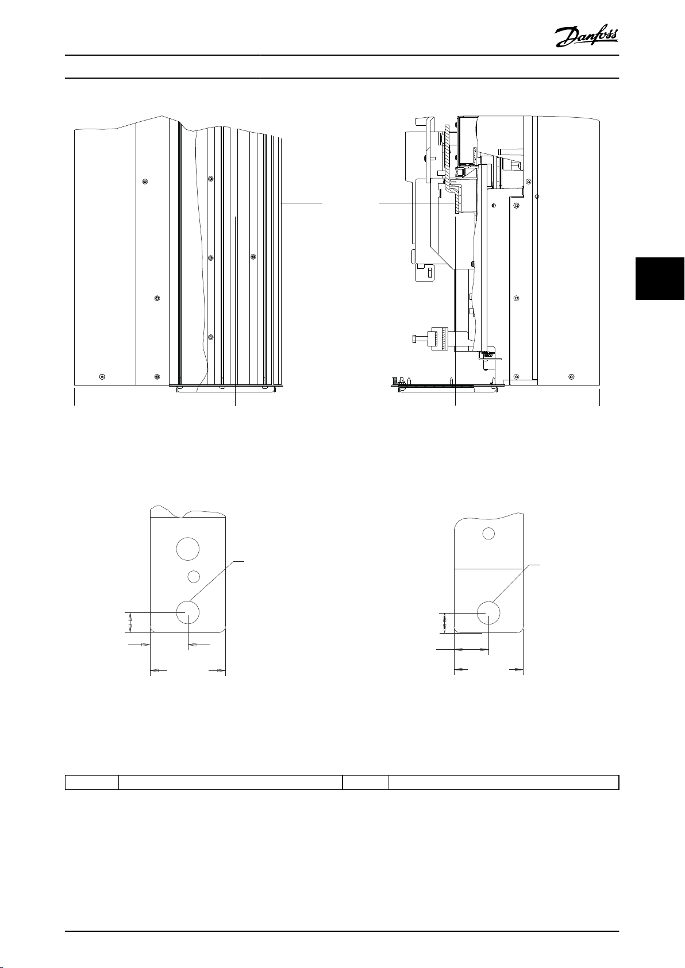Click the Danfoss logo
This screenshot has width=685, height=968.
587,37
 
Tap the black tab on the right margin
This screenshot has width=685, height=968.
660,279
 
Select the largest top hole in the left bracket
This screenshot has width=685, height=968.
188,549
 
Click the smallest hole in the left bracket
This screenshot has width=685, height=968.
194,576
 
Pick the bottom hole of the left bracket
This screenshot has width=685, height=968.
188,612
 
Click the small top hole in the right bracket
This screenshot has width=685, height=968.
488,534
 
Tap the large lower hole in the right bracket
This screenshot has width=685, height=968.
488,612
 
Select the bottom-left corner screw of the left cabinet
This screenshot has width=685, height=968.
102,377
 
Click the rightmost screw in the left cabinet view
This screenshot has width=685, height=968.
253,257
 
